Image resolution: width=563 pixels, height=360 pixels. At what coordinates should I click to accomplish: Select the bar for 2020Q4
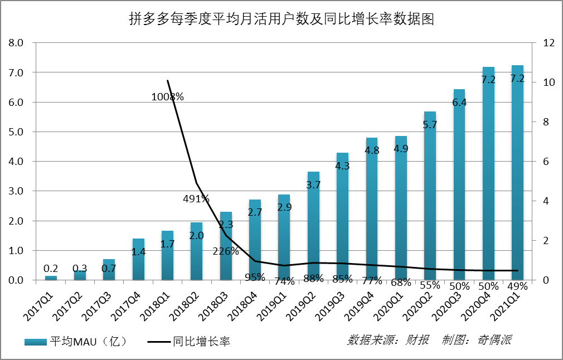pos(488,178)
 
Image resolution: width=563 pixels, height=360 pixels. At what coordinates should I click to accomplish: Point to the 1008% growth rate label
pos(167,97)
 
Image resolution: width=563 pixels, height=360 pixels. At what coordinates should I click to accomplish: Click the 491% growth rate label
pos(196,198)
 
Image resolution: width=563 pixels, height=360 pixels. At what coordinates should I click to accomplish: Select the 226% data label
pos(225,251)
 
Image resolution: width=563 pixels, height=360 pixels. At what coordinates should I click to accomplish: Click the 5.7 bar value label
pos(430,125)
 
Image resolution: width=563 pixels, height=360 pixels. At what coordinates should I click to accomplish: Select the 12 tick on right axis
pos(542,43)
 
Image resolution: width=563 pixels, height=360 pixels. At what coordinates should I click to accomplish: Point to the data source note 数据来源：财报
pos(388,340)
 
